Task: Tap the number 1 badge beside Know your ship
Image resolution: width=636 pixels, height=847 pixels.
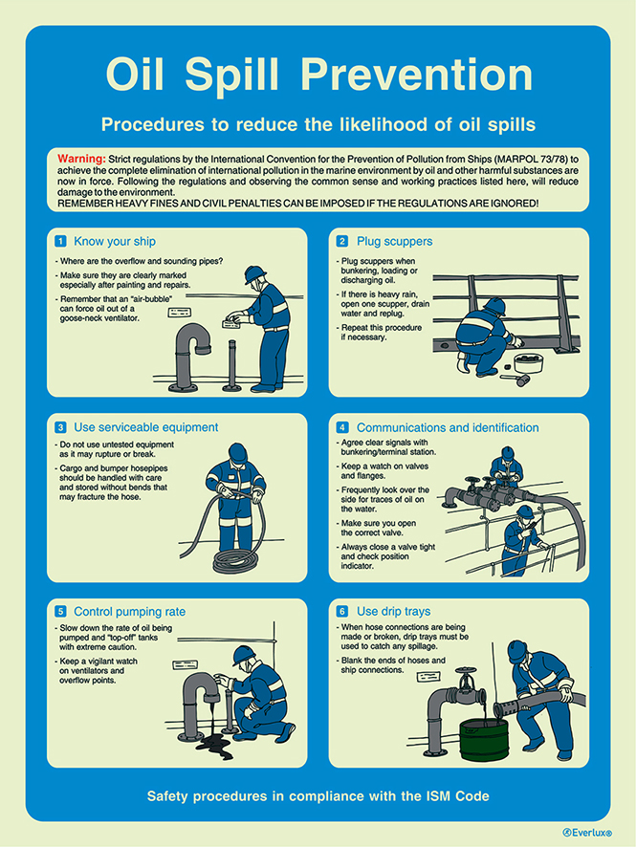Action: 61,242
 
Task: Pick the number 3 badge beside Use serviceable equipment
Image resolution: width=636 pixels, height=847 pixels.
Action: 61,427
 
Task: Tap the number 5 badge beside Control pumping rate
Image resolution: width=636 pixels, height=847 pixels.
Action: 61,611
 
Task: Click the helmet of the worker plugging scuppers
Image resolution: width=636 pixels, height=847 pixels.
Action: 494,305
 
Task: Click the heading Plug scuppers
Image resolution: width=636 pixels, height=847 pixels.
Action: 394,242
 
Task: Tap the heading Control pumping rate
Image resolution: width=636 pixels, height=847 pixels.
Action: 129,611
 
